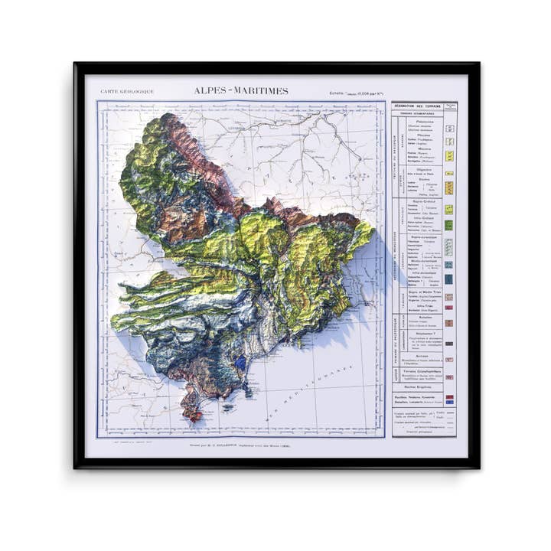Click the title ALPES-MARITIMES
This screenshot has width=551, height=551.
click(241, 91)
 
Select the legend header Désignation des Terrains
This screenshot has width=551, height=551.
click(421, 106)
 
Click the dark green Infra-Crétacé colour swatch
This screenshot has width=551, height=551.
click(451, 225)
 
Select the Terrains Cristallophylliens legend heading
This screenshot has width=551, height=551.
click(425, 372)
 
